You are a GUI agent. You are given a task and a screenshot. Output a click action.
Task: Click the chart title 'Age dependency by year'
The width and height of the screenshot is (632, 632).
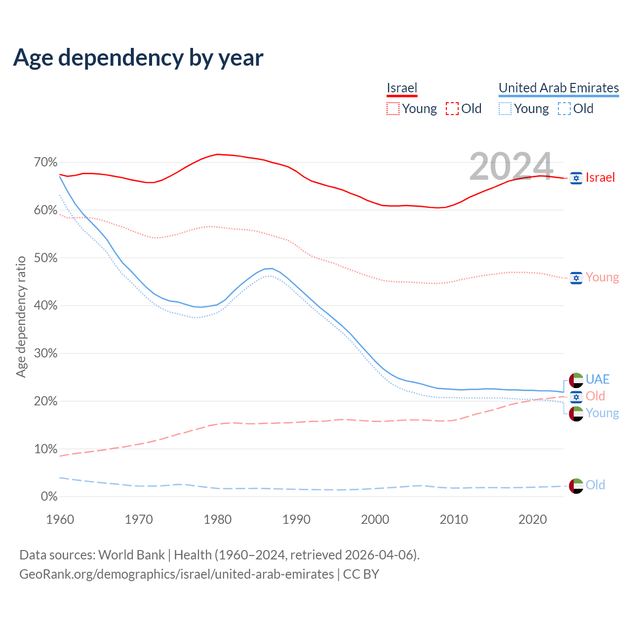click(138, 57)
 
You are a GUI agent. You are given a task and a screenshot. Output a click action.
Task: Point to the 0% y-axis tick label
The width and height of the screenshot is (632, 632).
click(49, 497)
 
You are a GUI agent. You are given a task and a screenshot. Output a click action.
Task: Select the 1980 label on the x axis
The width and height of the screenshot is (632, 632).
click(218, 519)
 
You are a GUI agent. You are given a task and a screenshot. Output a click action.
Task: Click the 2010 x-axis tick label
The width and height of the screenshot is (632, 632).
click(454, 519)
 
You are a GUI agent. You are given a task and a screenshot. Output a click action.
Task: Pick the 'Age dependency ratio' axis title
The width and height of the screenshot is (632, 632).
click(21, 316)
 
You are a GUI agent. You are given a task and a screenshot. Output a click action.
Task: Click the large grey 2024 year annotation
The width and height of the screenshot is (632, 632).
click(511, 166)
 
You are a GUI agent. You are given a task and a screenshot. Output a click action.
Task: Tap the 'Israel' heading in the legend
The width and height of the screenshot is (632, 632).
click(402, 88)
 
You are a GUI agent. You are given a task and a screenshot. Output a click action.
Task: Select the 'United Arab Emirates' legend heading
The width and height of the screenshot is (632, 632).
click(558, 88)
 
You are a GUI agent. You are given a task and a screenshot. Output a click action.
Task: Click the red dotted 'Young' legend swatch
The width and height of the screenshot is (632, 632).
click(393, 109)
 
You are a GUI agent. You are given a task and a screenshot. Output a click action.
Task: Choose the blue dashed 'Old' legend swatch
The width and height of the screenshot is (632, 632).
click(564, 109)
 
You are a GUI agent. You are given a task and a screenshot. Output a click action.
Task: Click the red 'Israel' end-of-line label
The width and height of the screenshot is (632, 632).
click(600, 178)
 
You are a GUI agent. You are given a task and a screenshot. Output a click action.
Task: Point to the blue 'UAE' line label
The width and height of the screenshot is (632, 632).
click(597, 379)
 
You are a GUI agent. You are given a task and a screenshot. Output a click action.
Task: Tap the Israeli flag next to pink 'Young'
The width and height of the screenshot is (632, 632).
click(576, 278)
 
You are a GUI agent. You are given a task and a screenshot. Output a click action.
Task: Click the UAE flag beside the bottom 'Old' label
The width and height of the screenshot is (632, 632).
click(576, 486)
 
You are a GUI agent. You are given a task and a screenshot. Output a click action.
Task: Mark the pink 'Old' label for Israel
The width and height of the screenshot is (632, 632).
click(595, 396)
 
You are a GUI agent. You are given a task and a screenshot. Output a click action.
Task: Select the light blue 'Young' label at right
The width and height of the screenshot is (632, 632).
click(602, 413)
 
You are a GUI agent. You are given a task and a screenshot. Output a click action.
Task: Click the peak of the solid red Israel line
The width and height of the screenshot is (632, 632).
click(218, 154)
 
